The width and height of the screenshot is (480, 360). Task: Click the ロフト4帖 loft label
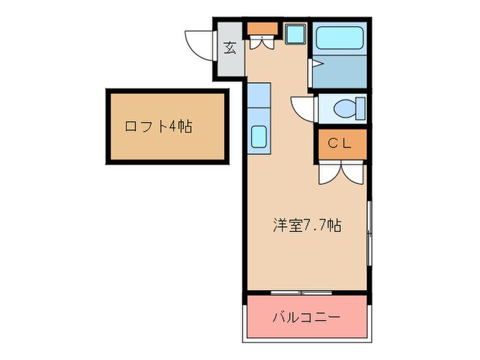(x=158, y=127)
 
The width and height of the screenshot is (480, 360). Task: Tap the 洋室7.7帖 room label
(x=307, y=226)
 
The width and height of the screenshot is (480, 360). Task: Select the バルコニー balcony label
(x=306, y=317)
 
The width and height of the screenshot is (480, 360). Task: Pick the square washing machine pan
(x=295, y=34)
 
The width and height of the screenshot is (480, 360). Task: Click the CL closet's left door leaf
(x=328, y=172)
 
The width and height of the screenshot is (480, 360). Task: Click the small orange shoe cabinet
(x=261, y=28)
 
